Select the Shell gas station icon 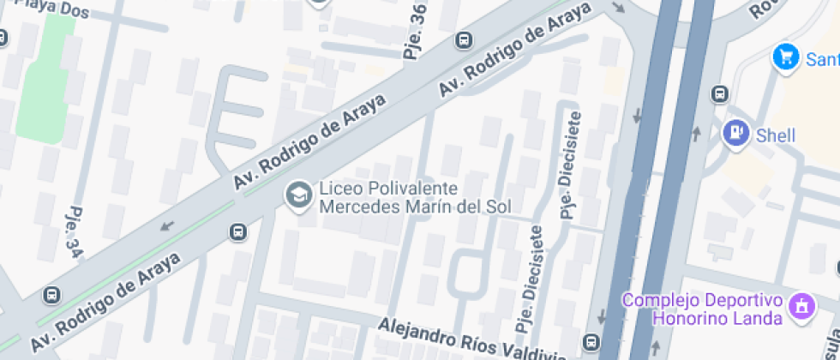[x=735, y=134]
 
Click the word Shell [x=775, y=135]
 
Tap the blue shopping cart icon [x=785, y=57]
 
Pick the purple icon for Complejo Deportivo [x=803, y=305]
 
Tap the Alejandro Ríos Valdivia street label [x=471, y=339]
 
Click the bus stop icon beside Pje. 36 [x=464, y=40]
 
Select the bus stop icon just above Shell [x=720, y=93]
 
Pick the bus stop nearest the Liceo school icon [x=237, y=232]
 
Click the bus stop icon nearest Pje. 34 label [x=52, y=295]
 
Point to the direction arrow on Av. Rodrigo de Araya [x=166, y=226]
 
